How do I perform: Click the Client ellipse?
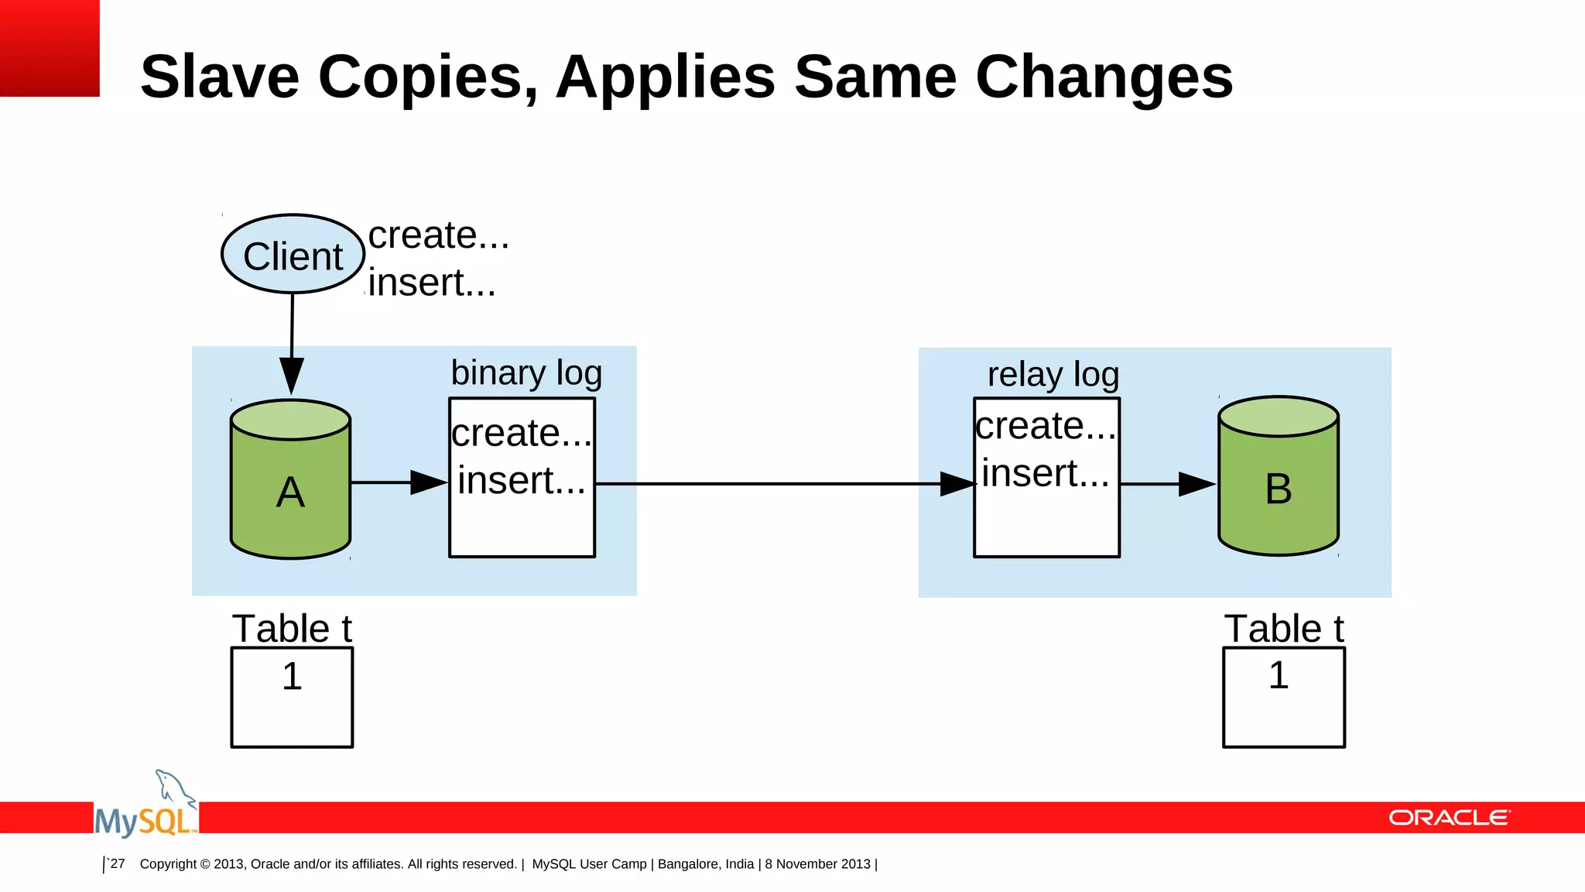[293, 255]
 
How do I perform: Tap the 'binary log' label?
[526, 372]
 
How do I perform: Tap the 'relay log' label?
[1053, 375]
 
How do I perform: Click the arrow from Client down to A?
[292, 341]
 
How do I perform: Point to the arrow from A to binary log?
[399, 482]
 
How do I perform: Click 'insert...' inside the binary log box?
[521, 480]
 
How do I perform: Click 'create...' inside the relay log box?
[1046, 426]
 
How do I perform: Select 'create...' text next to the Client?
[438, 235]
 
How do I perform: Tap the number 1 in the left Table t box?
[292, 676]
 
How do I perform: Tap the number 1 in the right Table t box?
[1279, 674]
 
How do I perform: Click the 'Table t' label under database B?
[1283, 628]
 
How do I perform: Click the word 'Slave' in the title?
[220, 77]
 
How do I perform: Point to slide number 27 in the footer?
[118, 863]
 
